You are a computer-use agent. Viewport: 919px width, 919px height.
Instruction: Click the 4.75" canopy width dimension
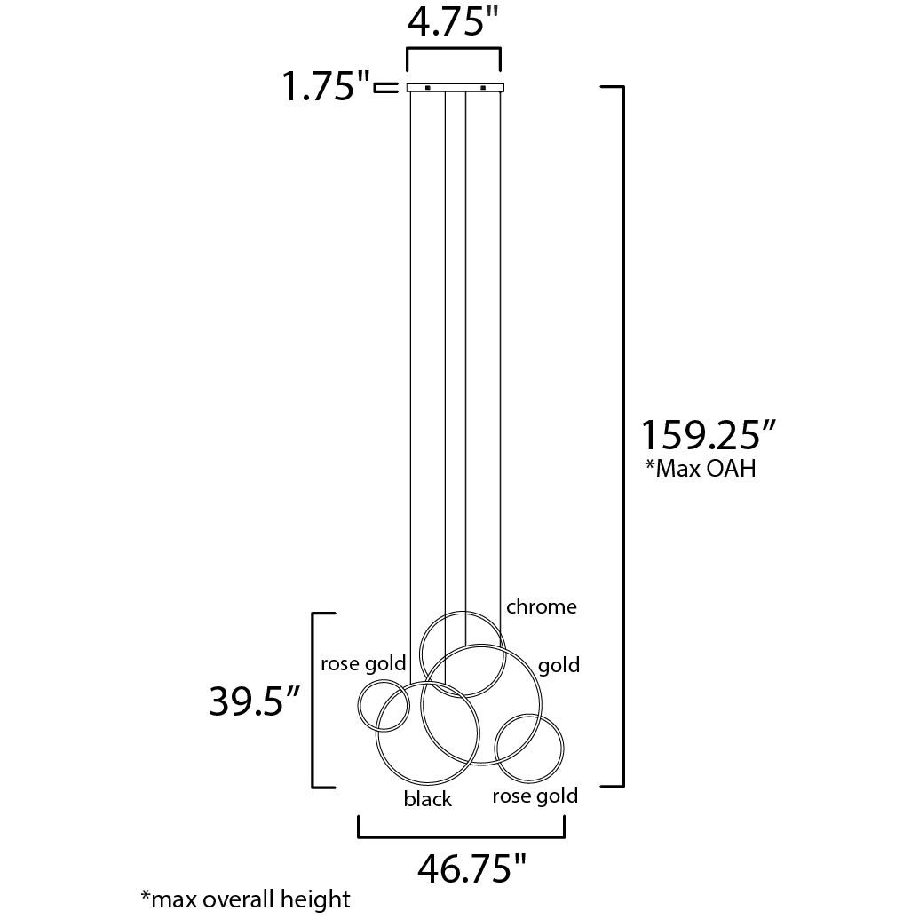pyautogui.click(x=453, y=21)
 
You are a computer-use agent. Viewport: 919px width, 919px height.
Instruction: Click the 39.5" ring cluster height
pyautogui.click(x=252, y=701)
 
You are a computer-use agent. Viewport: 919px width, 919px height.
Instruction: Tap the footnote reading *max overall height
pyautogui.click(x=245, y=898)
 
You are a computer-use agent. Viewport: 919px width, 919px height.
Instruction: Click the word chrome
pyautogui.click(x=541, y=606)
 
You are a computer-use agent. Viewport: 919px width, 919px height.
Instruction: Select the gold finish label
pyautogui.click(x=559, y=665)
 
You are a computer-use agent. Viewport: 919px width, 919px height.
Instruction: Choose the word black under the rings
pyautogui.click(x=427, y=799)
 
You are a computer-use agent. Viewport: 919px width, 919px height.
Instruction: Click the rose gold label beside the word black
pyautogui.click(x=535, y=796)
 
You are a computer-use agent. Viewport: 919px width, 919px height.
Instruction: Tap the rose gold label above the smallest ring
pyautogui.click(x=362, y=662)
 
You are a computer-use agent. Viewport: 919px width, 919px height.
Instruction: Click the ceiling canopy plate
pyautogui.click(x=455, y=88)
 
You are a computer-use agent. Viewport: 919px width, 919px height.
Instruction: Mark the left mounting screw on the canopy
pyautogui.click(x=427, y=88)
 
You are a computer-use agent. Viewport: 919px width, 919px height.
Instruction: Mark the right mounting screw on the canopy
pyautogui.click(x=483, y=88)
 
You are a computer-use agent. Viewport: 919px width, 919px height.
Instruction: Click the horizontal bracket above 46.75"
pyautogui.click(x=462, y=836)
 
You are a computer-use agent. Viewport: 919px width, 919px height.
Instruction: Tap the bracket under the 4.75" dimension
pyautogui.click(x=453, y=52)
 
